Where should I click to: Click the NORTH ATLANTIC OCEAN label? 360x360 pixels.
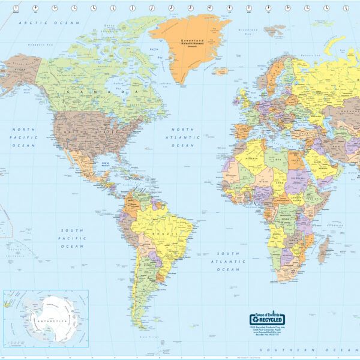[183, 137]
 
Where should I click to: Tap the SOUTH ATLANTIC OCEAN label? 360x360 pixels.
[228, 262]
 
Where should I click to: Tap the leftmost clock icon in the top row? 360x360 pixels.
[15, 8]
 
